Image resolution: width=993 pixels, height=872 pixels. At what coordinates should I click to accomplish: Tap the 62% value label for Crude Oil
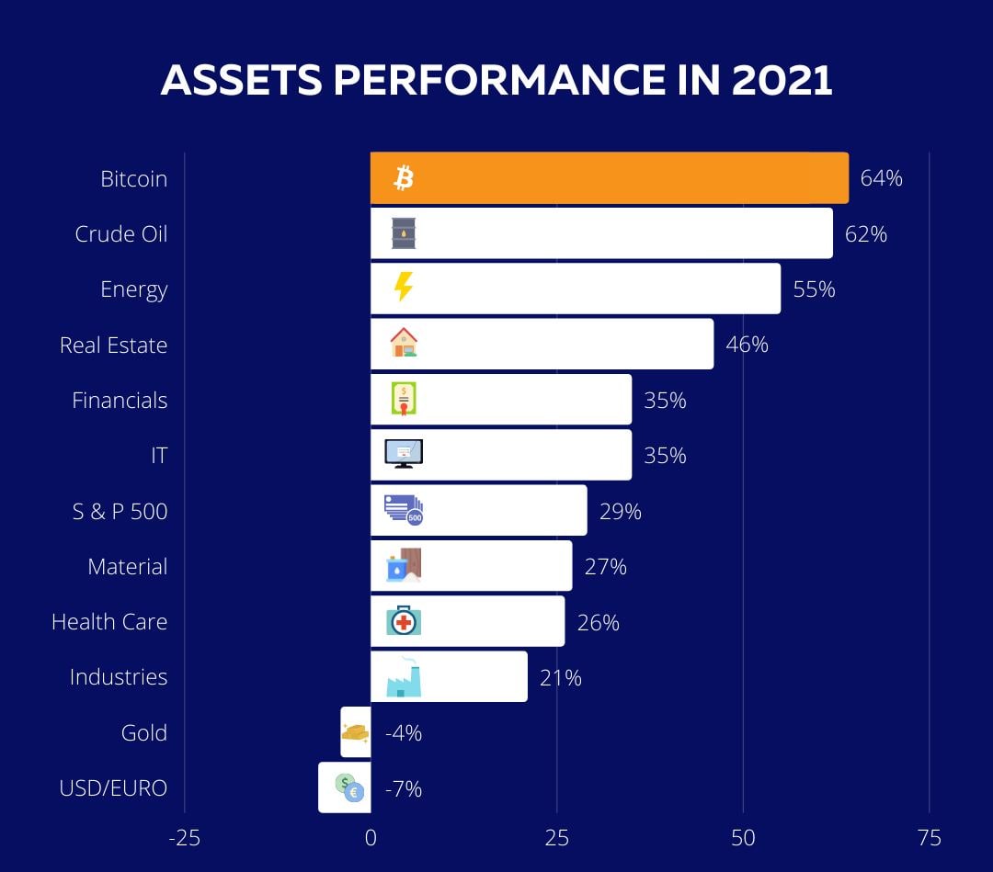point(866,233)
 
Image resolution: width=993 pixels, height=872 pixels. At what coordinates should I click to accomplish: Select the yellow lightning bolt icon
point(403,288)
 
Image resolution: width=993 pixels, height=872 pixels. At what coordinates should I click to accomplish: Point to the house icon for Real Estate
point(403,343)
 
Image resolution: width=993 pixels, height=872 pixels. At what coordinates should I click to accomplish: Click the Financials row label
point(120,400)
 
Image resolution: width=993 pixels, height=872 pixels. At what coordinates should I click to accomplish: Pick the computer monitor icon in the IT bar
point(403,453)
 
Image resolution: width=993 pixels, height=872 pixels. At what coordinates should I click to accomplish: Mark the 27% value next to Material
point(605,566)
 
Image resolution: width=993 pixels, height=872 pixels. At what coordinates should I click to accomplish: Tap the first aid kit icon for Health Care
point(403,621)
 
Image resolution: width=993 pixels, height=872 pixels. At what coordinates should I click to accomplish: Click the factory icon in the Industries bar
point(403,677)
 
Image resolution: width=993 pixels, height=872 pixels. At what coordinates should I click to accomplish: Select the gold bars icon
point(355,732)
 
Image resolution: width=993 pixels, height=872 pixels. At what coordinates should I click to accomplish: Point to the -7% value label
point(403,788)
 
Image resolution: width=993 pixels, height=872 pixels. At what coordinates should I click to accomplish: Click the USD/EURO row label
point(113,787)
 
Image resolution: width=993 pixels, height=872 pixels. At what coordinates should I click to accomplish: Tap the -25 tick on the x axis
point(184,838)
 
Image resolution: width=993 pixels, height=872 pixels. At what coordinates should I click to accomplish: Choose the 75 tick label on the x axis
point(929,838)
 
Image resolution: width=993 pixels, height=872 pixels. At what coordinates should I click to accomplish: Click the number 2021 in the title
point(782,81)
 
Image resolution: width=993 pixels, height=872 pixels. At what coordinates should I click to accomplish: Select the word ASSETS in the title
point(241,81)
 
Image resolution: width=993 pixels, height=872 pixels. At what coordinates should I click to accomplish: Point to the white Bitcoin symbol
point(403,177)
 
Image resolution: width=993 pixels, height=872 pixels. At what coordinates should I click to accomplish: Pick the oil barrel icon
point(403,233)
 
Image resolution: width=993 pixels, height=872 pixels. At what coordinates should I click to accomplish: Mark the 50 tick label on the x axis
point(743,838)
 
